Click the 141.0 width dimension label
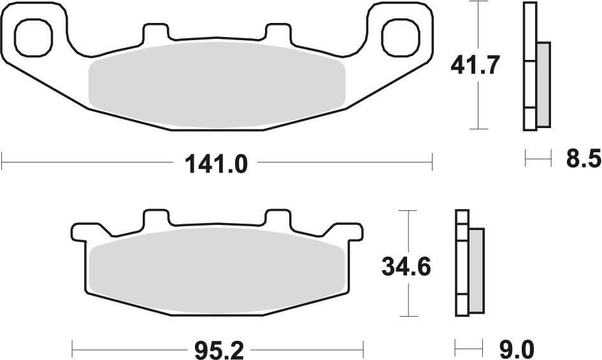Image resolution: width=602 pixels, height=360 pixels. point(215,164)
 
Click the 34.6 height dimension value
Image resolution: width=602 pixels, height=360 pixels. point(406,266)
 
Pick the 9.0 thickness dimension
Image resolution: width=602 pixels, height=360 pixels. point(516,349)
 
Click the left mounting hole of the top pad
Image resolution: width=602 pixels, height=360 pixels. point(32,36)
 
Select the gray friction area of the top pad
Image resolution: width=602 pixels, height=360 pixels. point(217,85)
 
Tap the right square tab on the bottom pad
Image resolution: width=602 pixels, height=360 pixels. point(277,218)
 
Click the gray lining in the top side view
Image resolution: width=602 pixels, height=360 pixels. point(543,84)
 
